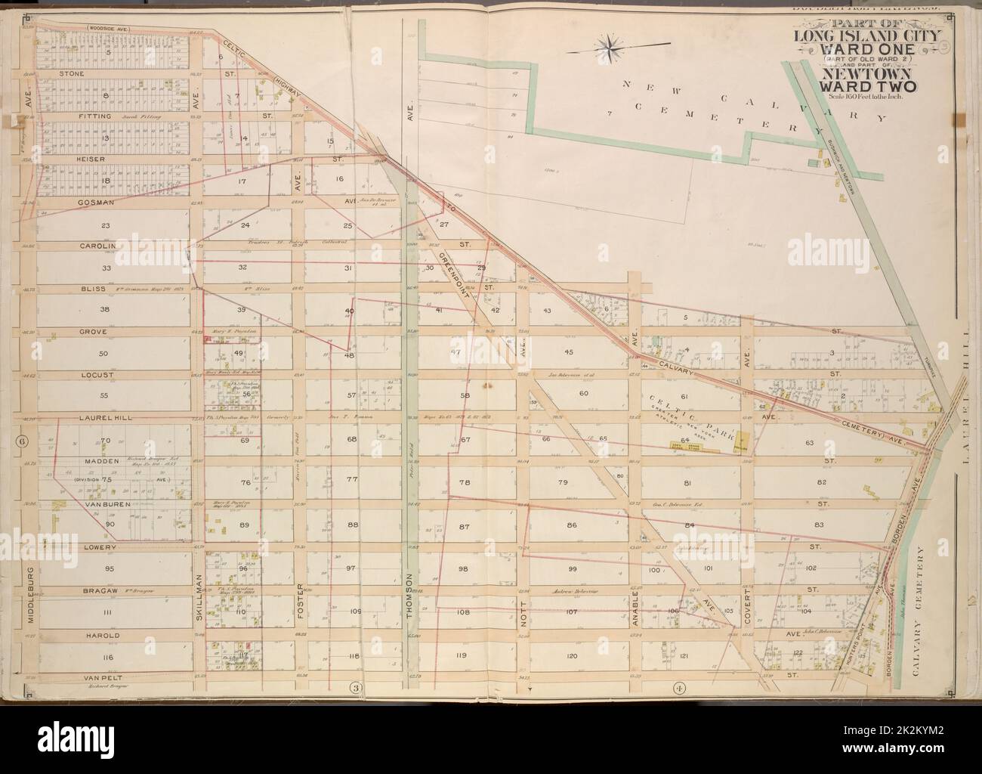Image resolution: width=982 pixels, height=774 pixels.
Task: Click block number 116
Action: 108,658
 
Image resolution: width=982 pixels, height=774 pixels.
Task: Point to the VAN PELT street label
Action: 76,678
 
